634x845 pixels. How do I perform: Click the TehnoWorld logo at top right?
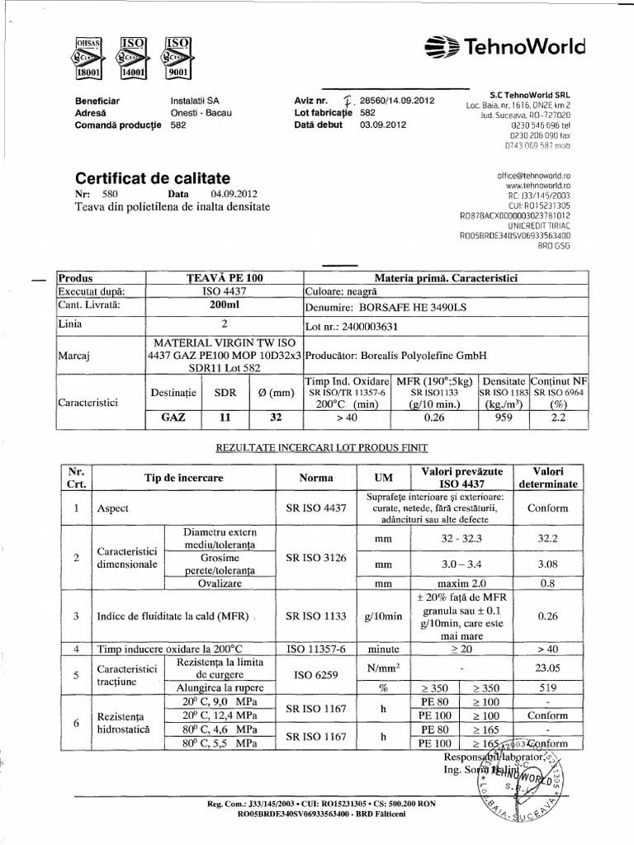tap(518, 48)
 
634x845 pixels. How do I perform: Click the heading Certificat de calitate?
tap(154, 178)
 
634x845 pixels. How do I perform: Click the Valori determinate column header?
tap(553, 476)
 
